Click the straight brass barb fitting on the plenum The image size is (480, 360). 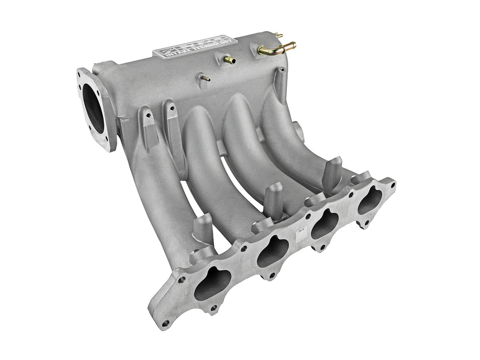pos(229,60)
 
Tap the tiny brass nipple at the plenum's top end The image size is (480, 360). pos(279,36)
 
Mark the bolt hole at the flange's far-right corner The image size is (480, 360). pos(392,184)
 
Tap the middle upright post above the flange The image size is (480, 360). pos(273,198)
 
